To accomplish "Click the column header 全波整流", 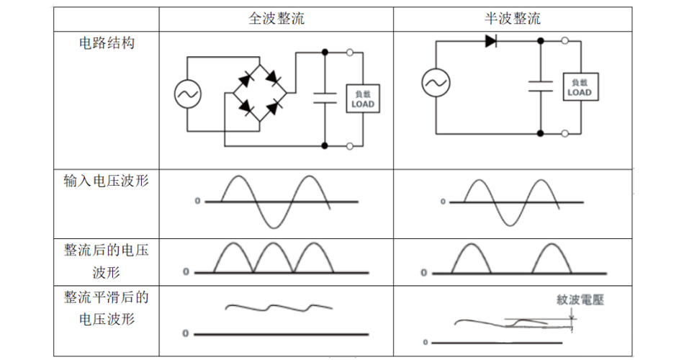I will coord(276,19).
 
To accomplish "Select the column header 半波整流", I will coord(513,19).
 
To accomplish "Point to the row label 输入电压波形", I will coord(107,181).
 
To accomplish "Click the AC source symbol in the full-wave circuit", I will coord(188,93).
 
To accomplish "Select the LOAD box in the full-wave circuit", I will coord(363,99).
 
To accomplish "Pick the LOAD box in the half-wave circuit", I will coord(579,87).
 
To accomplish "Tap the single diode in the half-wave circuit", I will coord(491,41).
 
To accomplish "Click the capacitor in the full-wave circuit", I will coord(325,98).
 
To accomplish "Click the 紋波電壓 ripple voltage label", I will coord(580,300).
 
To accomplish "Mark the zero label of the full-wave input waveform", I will coord(197,202).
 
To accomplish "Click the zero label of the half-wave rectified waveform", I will coord(424,273).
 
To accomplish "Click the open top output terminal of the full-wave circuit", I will coord(350,52).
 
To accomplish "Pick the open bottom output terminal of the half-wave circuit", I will coord(565,133).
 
